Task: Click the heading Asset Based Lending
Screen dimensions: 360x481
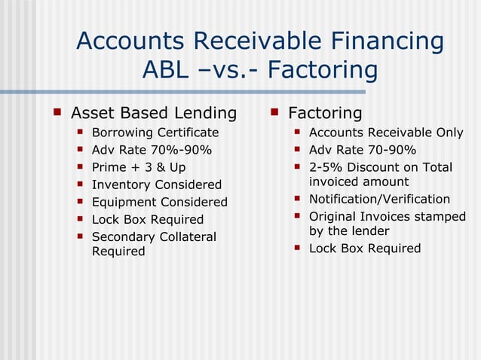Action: [153, 113]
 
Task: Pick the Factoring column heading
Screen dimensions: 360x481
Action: [325, 113]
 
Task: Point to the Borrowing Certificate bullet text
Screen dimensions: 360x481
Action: [155, 133]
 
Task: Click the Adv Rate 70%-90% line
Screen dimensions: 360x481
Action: [152, 150]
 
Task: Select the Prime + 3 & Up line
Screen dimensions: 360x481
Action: [138, 167]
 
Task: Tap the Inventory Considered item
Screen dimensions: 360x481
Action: [157, 185]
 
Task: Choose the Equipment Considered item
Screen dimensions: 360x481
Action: [159, 202]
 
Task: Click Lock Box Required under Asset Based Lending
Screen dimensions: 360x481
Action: [148, 219]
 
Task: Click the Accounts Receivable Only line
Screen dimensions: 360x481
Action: [386, 133]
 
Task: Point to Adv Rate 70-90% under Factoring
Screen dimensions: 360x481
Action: [363, 150]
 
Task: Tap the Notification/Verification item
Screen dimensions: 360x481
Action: [380, 200]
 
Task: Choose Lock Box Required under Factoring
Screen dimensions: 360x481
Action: [365, 249]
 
